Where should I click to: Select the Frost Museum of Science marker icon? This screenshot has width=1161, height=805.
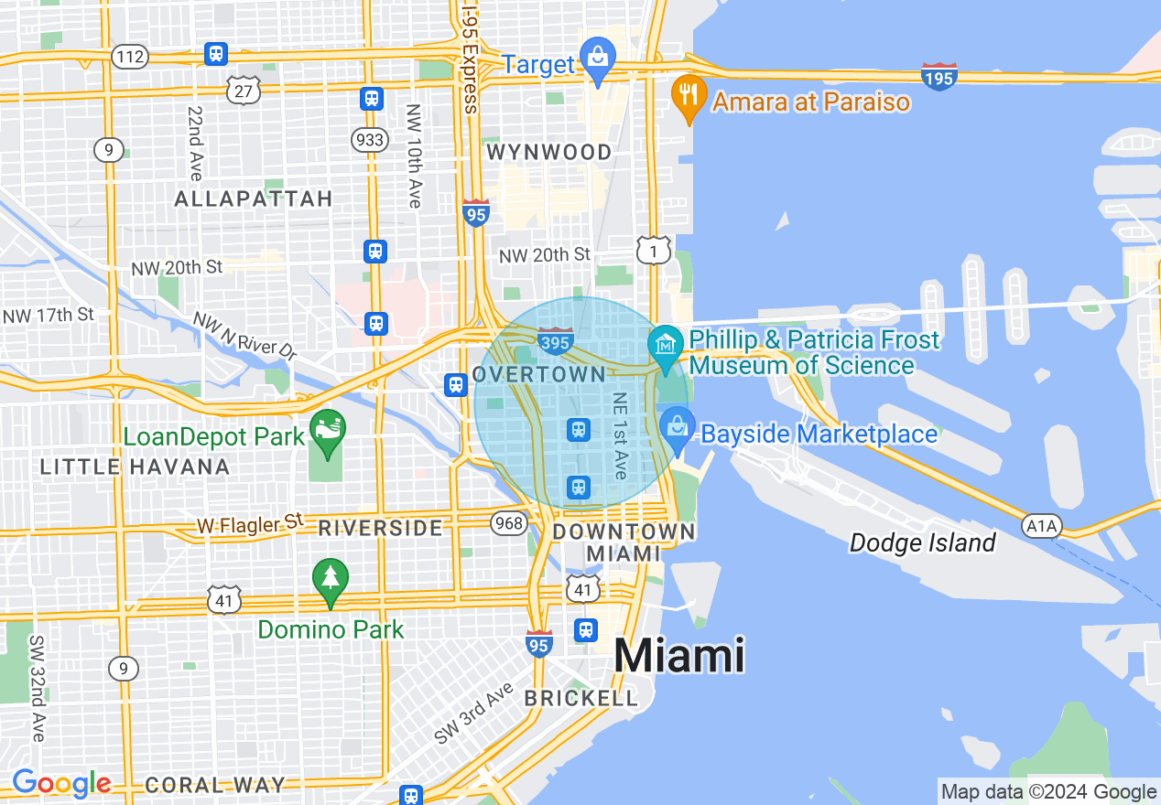[x=666, y=346]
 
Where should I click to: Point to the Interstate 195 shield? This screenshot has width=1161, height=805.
[x=939, y=78]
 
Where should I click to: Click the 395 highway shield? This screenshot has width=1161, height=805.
[x=556, y=341]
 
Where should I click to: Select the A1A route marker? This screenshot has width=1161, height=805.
[x=1041, y=526]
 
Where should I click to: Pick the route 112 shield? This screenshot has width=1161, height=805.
[x=130, y=58]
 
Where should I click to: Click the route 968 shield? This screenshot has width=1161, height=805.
[x=508, y=522]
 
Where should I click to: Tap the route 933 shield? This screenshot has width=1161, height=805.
[x=368, y=139]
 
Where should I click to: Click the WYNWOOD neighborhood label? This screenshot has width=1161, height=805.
[x=549, y=152]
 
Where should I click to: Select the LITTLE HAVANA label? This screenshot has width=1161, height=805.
[x=135, y=467]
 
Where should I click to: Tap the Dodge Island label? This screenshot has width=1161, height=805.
[x=922, y=543]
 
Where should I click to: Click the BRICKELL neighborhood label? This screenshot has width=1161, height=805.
[x=580, y=698]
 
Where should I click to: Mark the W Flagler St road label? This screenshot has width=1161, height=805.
[x=249, y=524]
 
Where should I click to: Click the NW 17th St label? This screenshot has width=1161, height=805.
[x=49, y=315]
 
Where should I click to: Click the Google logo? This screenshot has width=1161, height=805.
[x=61, y=784]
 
